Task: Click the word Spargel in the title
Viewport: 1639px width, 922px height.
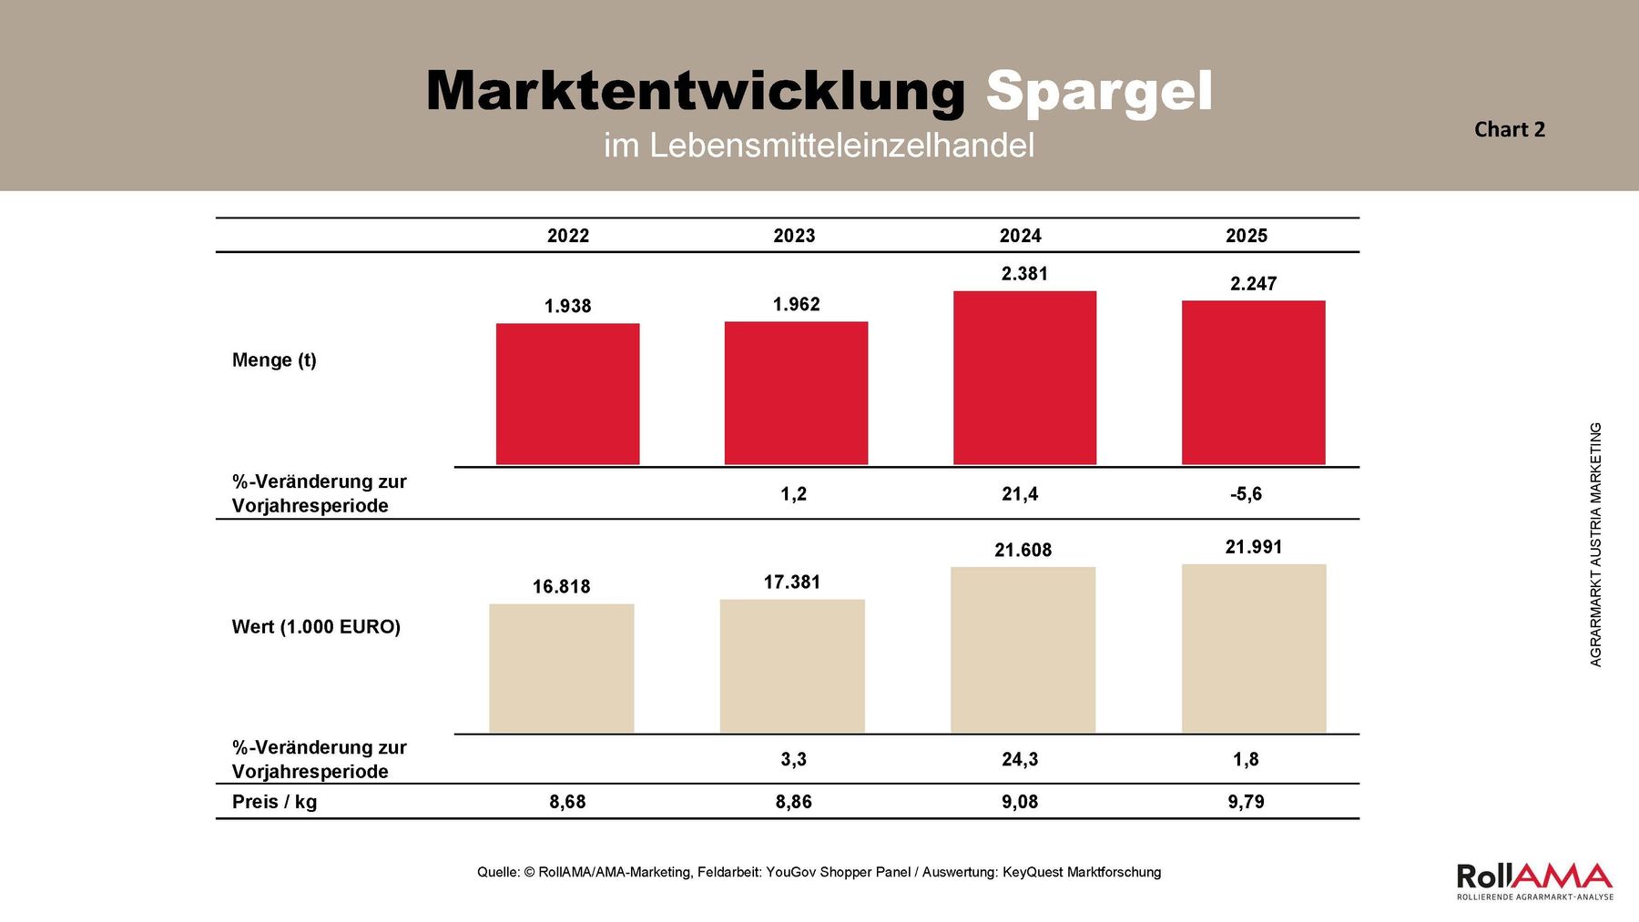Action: pyautogui.click(x=1098, y=92)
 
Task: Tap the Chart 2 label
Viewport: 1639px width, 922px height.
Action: pyautogui.click(x=1509, y=129)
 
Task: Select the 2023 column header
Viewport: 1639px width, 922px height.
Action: pyautogui.click(x=794, y=236)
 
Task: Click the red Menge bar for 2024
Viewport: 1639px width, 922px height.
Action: pyautogui.click(x=1024, y=378)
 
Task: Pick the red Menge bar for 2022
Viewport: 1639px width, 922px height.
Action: pyautogui.click(x=567, y=394)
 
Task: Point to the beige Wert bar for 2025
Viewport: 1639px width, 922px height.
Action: pyautogui.click(x=1253, y=648)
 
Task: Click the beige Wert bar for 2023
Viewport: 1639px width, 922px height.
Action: pyautogui.click(x=792, y=665)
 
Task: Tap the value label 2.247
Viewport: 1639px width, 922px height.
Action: pyautogui.click(x=1253, y=284)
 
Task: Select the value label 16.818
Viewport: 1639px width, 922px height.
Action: pyautogui.click(x=561, y=587)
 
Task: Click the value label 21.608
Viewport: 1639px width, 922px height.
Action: pyautogui.click(x=1023, y=550)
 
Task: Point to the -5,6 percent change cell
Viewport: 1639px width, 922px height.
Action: pyautogui.click(x=1246, y=494)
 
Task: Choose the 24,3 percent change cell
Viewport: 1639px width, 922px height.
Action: pyautogui.click(x=1020, y=759)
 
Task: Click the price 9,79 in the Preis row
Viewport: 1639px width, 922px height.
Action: pyautogui.click(x=1246, y=802)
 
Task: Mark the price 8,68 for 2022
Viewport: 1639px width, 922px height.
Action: pyautogui.click(x=567, y=802)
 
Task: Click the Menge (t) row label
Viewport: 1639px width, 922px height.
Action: pyautogui.click(x=274, y=360)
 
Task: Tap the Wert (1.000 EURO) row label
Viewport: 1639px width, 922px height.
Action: pyautogui.click(x=316, y=626)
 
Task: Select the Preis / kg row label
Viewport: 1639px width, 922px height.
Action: pyautogui.click(x=274, y=802)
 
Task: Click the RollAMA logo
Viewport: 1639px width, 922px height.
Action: pyautogui.click(x=1534, y=880)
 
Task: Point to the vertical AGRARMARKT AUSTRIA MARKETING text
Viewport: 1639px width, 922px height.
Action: pyautogui.click(x=1595, y=544)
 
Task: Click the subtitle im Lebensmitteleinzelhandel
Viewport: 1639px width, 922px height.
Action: pyautogui.click(x=819, y=146)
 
